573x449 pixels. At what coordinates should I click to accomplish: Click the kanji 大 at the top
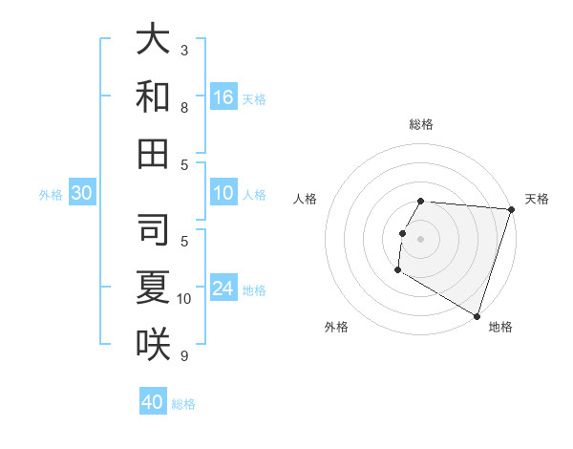pos(153,39)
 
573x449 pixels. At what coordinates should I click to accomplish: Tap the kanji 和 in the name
pos(153,97)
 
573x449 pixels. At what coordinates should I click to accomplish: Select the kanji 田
pos(153,153)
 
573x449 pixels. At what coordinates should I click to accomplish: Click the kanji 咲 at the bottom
pos(153,343)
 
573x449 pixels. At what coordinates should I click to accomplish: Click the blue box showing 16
pos(223,96)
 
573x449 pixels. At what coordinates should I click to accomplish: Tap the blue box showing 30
pos(81,193)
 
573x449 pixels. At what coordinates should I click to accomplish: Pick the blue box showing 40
pos(153,401)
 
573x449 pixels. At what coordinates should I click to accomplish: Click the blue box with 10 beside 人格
pos(223,193)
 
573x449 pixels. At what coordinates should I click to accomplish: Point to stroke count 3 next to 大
pos(184,49)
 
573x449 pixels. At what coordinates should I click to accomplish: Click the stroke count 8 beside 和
pos(184,108)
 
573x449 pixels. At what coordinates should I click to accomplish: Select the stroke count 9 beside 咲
pos(184,356)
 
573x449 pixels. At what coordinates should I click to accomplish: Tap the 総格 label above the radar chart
pos(421,124)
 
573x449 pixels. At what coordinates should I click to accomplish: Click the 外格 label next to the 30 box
pos(51,195)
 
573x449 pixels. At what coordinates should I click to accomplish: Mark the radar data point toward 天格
pos(510,209)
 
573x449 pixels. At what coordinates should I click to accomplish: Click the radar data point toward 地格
pos(476,314)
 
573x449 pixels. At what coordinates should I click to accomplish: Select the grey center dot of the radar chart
pos(421,239)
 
